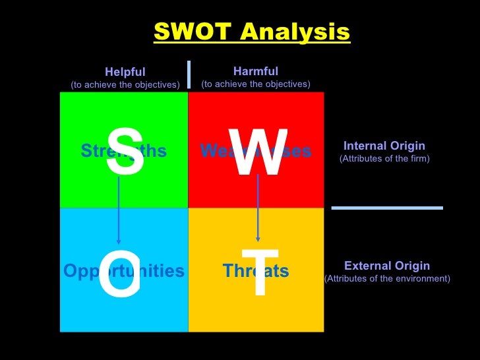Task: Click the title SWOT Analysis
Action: pyautogui.click(x=251, y=31)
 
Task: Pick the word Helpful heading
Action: pyautogui.click(x=125, y=72)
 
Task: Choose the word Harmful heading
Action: pyautogui.click(x=256, y=71)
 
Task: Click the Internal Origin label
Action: pyautogui.click(x=384, y=146)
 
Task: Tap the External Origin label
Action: pyautogui.click(x=387, y=266)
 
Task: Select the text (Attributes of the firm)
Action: pyautogui.click(x=384, y=159)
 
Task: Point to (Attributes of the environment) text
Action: pyautogui.click(x=387, y=278)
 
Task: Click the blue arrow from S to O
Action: pyautogui.click(x=119, y=211)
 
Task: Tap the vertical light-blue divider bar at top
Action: pyautogui.click(x=189, y=74)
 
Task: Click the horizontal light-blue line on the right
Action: pyautogui.click(x=387, y=208)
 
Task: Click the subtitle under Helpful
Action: pyautogui.click(x=125, y=84)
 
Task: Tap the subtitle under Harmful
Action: pyautogui.click(x=256, y=84)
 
